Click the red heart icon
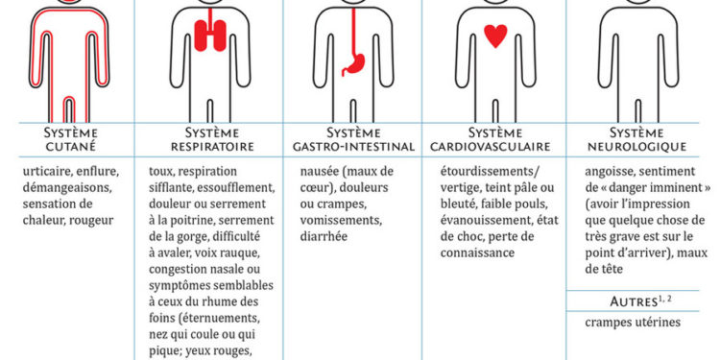[495, 37]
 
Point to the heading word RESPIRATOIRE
[208, 147]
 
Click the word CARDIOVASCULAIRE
[496, 147]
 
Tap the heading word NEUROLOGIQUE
[641, 147]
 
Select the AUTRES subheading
[610, 302]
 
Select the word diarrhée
[324, 236]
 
